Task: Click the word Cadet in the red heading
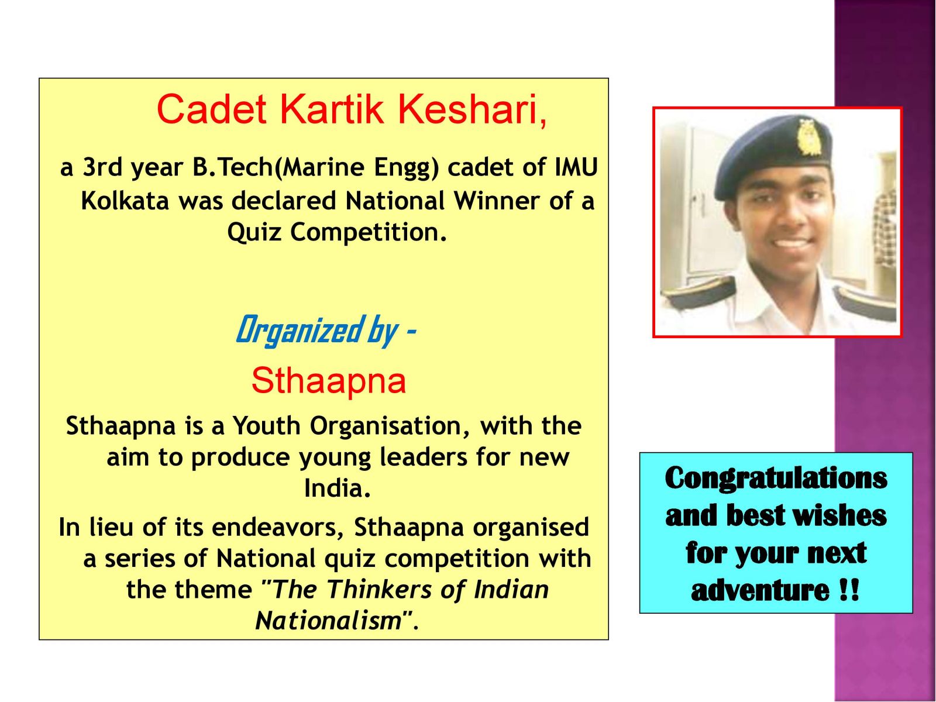(x=212, y=109)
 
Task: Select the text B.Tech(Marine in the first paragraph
(x=278, y=167)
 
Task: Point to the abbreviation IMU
(x=576, y=167)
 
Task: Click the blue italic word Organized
(x=298, y=331)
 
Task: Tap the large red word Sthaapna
(x=328, y=381)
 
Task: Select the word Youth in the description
(x=267, y=425)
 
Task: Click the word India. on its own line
(x=338, y=488)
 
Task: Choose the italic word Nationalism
(x=329, y=621)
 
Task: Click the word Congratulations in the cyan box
(x=776, y=479)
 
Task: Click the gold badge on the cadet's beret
(x=806, y=137)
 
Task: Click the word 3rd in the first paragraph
(x=102, y=167)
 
